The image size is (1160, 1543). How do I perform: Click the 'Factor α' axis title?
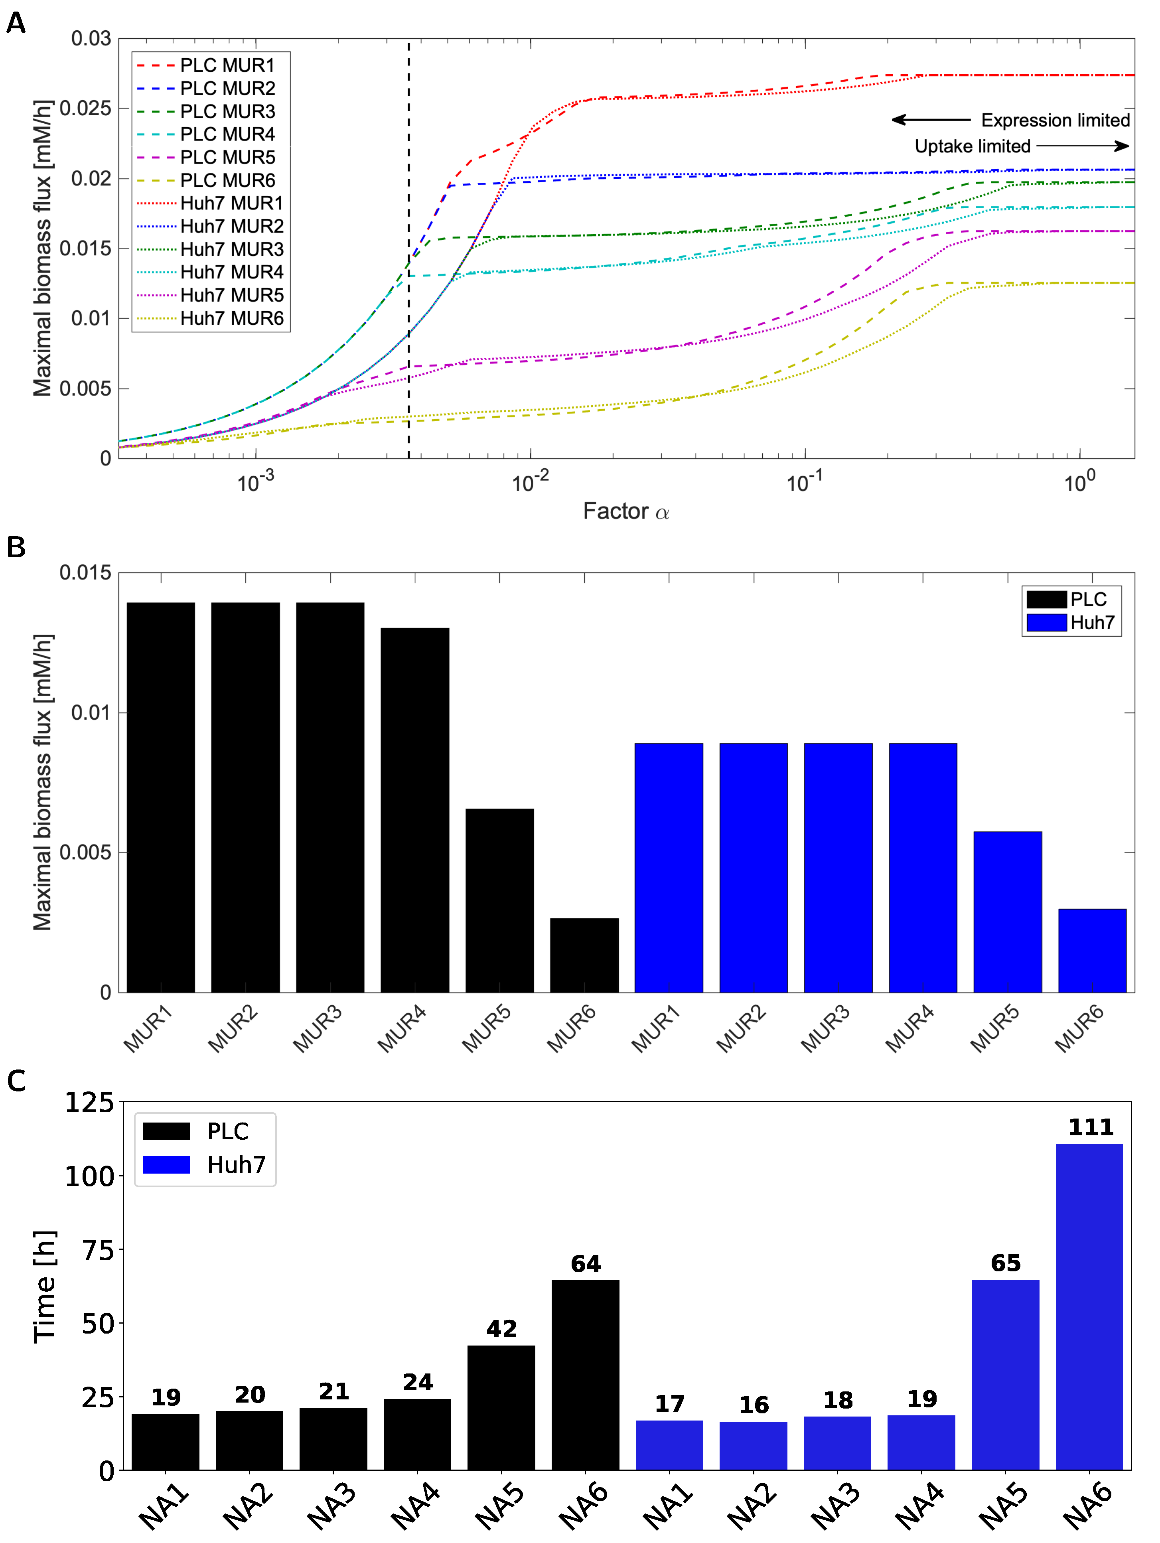coord(626,511)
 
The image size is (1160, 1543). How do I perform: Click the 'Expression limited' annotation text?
coord(1055,120)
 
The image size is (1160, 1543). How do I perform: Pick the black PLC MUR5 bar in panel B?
coord(499,900)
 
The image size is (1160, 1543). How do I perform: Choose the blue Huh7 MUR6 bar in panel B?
coord(1092,950)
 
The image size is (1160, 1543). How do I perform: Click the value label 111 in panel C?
coord(1090,1127)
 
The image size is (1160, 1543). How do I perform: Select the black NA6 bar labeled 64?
coord(585,1374)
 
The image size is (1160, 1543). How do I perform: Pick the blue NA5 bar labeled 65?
coord(1005,1374)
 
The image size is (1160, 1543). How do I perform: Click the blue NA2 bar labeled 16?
coord(754,1445)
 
